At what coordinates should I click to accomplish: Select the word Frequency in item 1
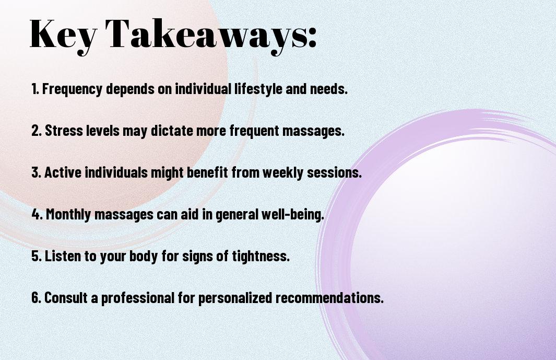tap(73, 89)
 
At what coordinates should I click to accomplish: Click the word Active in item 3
tap(63, 172)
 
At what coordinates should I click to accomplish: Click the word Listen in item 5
tap(63, 256)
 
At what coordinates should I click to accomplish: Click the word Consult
tap(66, 297)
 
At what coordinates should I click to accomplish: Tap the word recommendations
tap(329, 297)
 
